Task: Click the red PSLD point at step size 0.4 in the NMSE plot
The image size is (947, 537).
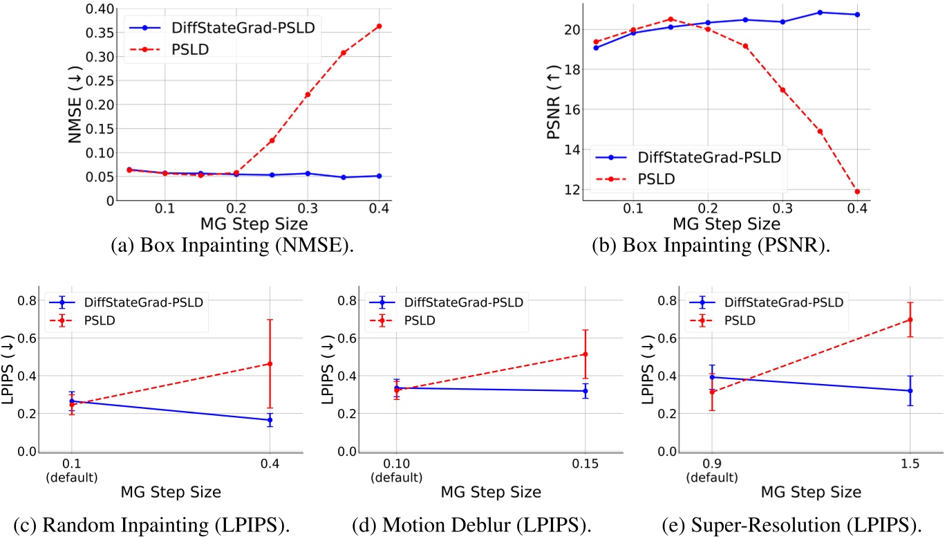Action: tap(379, 26)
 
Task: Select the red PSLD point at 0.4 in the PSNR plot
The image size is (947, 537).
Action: tap(857, 192)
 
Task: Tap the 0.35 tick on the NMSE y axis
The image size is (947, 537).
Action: tap(100, 33)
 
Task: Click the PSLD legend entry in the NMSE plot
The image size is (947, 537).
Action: tap(169, 50)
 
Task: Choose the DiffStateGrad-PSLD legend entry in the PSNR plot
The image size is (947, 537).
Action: tap(688, 157)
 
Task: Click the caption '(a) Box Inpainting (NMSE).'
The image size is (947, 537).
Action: tap(232, 245)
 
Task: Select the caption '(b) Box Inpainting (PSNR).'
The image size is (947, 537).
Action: tap(711, 245)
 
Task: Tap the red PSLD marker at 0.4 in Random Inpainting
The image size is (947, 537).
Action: tap(270, 364)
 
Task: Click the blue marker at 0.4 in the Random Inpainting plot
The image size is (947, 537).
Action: tap(270, 420)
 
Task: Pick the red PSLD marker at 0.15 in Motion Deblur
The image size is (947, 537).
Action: tap(585, 354)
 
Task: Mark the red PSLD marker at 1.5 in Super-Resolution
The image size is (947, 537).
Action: tap(910, 320)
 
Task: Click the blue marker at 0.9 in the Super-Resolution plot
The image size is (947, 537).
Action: tap(712, 377)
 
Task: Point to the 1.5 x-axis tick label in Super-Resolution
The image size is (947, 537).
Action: tap(910, 464)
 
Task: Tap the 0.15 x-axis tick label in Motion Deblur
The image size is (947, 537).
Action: tap(585, 464)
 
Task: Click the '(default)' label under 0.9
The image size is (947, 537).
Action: tap(712, 477)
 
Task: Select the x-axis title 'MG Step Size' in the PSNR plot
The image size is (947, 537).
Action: tap(726, 224)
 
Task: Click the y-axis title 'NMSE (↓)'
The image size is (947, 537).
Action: tap(75, 104)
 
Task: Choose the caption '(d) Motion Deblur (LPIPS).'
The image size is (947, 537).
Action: tap(472, 525)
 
